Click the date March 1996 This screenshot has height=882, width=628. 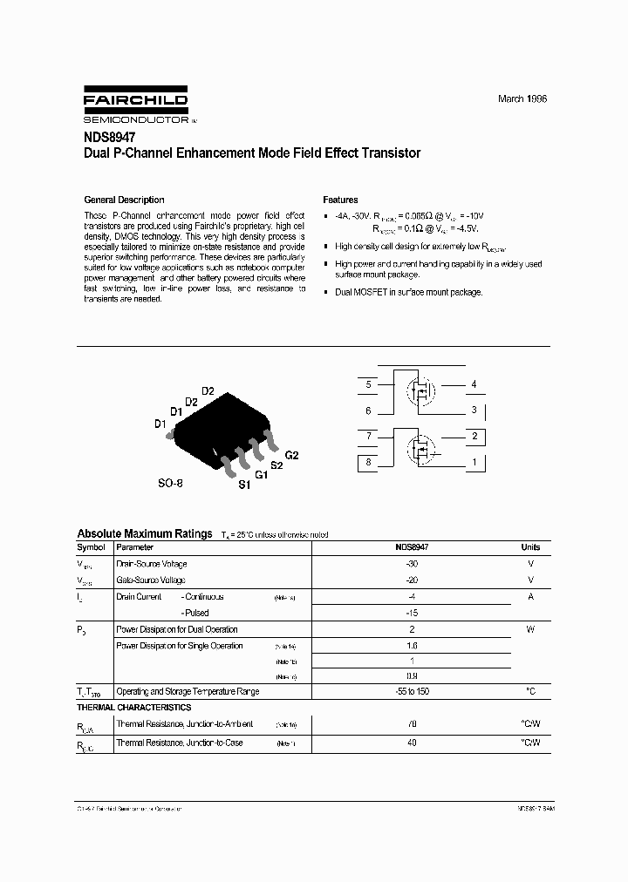tap(522, 99)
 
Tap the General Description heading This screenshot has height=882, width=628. tap(123, 200)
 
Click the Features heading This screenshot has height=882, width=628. tap(340, 200)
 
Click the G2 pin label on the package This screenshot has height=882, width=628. tap(291, 456)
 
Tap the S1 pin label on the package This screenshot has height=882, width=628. tap(244, 485)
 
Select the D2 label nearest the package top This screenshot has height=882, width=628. tap(208, 390)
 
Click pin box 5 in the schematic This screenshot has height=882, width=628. tap(369, 384)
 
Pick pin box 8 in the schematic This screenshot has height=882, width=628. tap(369, 462)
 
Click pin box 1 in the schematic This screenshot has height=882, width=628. tap(474, 462)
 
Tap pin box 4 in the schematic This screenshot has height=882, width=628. tap(474, 384)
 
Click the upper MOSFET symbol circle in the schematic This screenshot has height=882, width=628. tap(423, 390)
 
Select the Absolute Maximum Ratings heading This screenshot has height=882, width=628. tap(144, 533)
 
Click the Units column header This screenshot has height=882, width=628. tap(530, 547)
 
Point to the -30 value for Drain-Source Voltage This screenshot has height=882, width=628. tap(412, 564)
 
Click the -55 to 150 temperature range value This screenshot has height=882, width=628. tap(412, 691)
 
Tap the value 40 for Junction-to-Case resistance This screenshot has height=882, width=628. tap(412, 743)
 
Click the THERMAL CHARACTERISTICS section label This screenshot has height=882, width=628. tap(134, 708)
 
